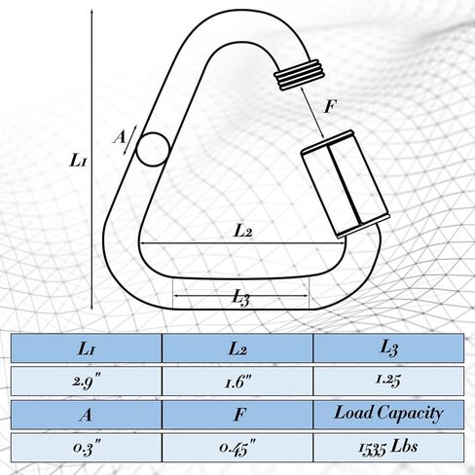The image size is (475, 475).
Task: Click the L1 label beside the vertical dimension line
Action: tap(78, 161)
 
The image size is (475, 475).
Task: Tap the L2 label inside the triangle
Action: tap(242, 232)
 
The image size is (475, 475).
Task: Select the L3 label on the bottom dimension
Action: tap(240, 297)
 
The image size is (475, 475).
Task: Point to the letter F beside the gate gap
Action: tap(331, 106)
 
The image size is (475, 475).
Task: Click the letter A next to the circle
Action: tap(120, 137)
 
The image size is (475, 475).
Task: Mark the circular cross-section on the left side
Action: tap(153, 150)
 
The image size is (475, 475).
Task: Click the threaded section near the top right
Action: tap(299, 74)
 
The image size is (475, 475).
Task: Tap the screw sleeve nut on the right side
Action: tap(345, 184)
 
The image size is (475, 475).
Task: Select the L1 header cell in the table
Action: tap(87, 348)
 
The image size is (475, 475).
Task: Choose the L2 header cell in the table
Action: tap(237, 348)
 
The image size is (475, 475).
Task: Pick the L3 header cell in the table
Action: tap(389, 348)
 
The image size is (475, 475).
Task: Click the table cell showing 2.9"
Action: tap(87, 381)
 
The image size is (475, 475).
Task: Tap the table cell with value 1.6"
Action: tap(237, 381)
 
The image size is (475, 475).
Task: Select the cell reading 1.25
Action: tap(389, 381)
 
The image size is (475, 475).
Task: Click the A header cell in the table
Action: tap(87, 415)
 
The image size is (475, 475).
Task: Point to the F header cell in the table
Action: tap(237, 415)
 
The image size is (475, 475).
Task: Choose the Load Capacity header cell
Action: tap(389, 415)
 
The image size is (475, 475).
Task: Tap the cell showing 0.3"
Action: tap(87, 448)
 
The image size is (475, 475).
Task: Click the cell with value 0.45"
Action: tap(237, 448)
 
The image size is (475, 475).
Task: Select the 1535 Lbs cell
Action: tap(389, 448)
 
